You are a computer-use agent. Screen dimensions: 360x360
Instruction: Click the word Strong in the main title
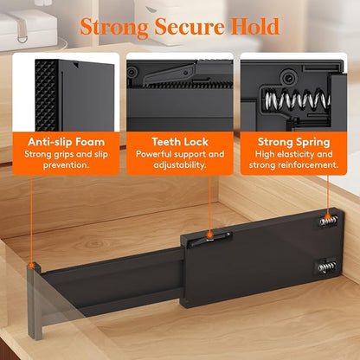[114, 28]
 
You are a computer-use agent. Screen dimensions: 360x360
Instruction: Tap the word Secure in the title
[190, 27]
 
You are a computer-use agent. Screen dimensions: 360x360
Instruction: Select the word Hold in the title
[255, 27]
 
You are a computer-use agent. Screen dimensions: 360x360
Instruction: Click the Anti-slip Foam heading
[66, 142]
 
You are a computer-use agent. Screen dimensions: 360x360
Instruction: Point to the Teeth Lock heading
[180, 142]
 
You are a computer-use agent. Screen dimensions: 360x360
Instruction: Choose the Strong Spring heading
[293, 142]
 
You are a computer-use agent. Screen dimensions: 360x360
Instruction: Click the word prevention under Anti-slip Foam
[66, 165]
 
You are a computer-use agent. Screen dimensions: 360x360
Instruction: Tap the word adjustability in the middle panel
[179, 165]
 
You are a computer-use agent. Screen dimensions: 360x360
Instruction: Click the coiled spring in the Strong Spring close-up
[297, 99]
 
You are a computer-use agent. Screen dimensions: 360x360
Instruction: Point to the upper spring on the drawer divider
[328, 222]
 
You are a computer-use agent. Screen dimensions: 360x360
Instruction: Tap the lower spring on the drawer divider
[327, 267]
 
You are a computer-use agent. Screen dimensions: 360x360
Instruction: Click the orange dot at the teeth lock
[209, 235]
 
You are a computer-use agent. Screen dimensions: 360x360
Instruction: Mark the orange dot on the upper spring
[327, 217]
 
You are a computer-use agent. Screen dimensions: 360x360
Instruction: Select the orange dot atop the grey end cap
[31, 265]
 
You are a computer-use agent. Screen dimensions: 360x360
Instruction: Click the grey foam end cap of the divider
[35, 300]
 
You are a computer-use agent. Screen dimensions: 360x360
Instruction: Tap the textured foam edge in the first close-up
[46, 95]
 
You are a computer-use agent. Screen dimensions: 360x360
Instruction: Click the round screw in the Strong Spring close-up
[287, 77]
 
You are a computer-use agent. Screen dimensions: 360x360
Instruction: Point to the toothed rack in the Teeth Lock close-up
[188, 84]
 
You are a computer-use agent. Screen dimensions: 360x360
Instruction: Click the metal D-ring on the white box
[22, 38]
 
